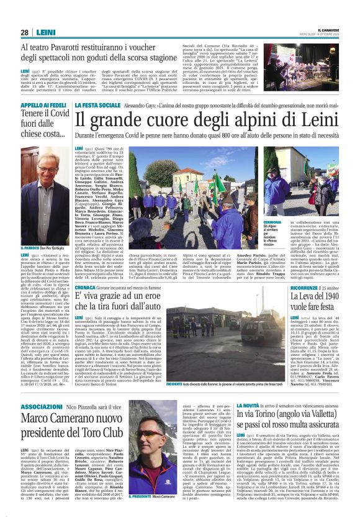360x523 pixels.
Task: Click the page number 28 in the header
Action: pyautogui.click(x=24, y=32)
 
